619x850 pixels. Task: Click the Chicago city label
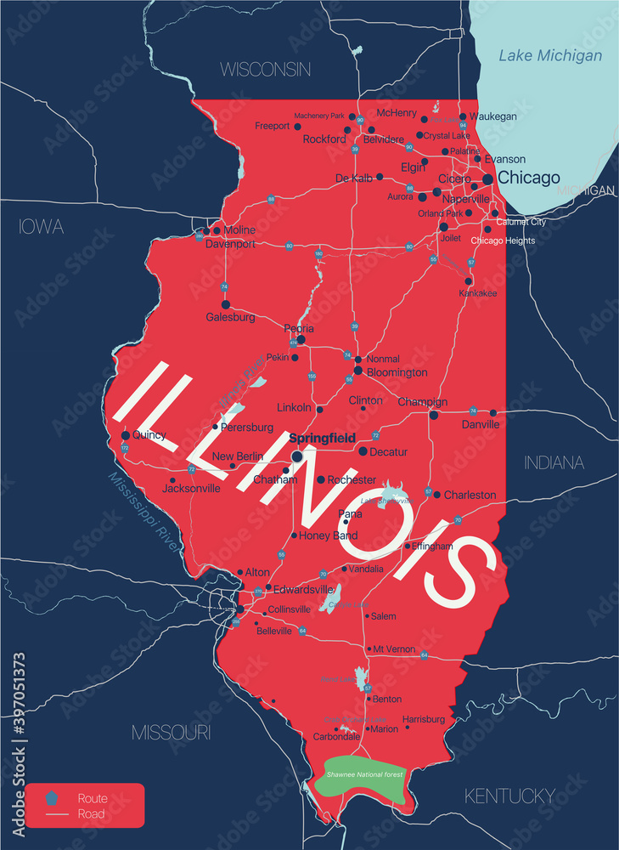click(x=528, y=178)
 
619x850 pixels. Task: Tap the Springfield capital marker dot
click(x=297, y=456)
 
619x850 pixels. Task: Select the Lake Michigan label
click(x=550, y=56)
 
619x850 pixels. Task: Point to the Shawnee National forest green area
click(x=359, y=778)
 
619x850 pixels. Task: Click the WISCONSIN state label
click(x=266, y=70)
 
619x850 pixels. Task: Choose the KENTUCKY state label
click(x=509, y=796)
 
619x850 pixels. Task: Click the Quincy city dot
click(x=126, y=435)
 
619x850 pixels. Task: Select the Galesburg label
click(x=230, y=317)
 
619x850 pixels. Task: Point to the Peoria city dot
click(x=301, y=340)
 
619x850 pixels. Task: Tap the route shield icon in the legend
click(x=53, y=798)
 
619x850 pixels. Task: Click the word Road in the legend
click(x=91, y=813)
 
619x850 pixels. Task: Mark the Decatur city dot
click(x=363, y=451)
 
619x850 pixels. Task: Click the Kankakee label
click(x=480, y=293)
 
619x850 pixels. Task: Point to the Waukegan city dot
click(x=463, y=116)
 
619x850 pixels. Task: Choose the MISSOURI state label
click(x=171, y=732)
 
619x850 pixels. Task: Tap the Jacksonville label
click(x=193, y=489)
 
